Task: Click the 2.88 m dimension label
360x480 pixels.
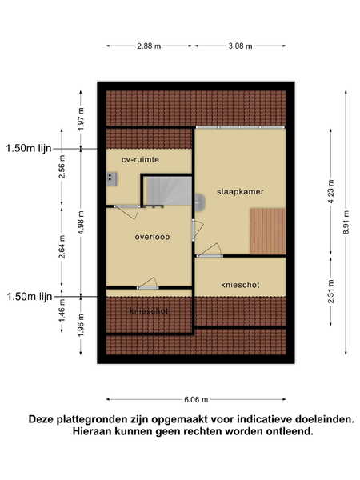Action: pos(149,46)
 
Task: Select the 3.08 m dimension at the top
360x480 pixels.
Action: pos(240,46)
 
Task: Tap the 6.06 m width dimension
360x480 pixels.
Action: pos(196,399)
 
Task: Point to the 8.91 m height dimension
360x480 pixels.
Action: pos(346,222)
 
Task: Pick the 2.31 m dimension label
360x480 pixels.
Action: pos(331,291)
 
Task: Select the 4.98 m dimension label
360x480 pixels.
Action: pos(81,222)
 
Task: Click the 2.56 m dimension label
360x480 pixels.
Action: pos(62,167)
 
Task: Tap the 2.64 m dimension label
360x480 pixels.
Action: pos(62,246)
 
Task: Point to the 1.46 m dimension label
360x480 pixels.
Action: pos(62,310)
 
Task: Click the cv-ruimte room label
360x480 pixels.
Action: pos(140,160)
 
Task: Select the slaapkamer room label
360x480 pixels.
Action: pos(240,192)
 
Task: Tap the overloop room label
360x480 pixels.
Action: pos(152,237)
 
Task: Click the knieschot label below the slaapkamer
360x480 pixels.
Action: pos(240,285)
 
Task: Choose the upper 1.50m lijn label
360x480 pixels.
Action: pos(29,149)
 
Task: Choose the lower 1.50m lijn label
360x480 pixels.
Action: pos(30,297)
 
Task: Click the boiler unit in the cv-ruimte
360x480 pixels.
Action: pos(112,179)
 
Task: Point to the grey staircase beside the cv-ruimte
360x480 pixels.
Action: pos(168,190)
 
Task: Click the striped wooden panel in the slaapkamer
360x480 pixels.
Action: pos(267,231)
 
